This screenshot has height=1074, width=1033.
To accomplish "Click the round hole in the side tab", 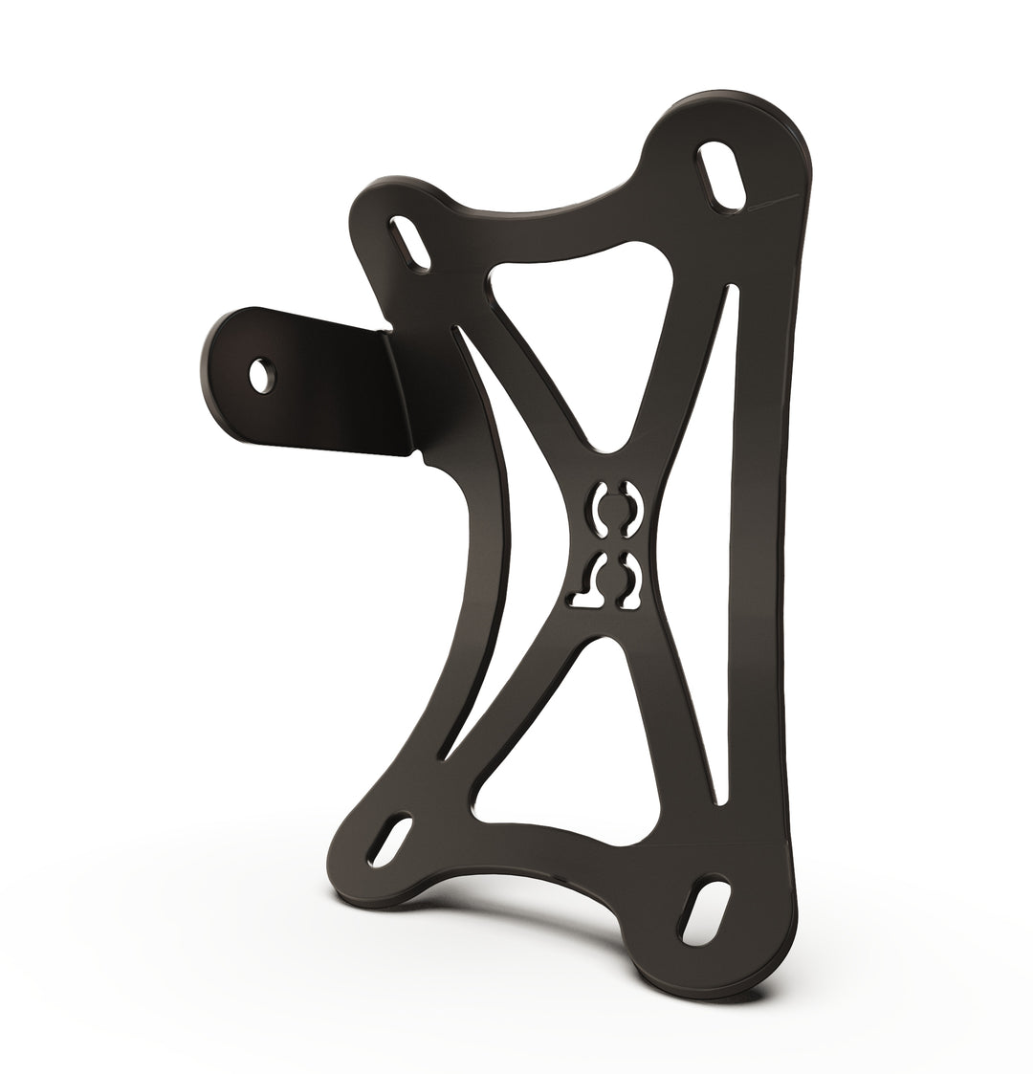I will click(x=260, y=374).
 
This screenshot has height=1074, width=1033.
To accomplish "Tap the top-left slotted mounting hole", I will click(x=409, y=243).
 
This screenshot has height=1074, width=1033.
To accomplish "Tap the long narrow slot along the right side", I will click(x=730, y=555).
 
